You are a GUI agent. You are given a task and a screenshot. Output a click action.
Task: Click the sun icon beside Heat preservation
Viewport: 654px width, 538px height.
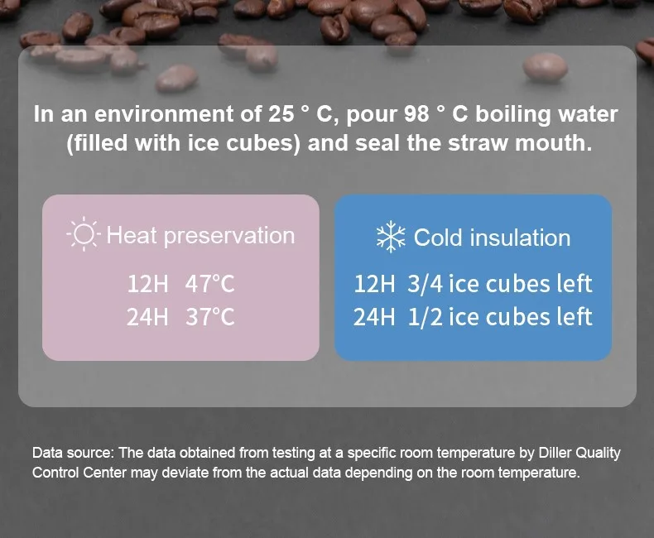(x=84, y=233)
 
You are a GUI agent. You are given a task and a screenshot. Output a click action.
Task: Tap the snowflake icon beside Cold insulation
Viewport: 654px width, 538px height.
(x=391, y=237)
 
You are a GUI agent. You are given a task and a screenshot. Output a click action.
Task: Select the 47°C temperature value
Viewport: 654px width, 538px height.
(x=209, y=284)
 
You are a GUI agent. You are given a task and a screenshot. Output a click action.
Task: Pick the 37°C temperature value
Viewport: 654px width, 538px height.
(x=209, y=317)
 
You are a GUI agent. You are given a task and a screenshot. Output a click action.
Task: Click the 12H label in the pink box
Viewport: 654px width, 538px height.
(x=147, y=284)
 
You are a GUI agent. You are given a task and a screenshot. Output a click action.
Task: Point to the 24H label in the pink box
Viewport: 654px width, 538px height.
(x=147, y=317)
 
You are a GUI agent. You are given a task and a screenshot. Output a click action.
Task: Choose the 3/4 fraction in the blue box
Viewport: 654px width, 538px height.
(x=425, y=284)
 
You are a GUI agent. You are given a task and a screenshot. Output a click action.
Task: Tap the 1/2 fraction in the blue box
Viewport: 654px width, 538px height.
(x=425, y=317)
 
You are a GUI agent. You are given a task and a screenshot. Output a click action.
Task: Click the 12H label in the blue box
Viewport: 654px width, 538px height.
(x=374, y=284)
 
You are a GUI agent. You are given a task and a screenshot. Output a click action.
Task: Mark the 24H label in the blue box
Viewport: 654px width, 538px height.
(x=374, y=317)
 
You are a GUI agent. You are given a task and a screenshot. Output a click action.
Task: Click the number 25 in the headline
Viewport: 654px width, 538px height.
(x=281, y=114)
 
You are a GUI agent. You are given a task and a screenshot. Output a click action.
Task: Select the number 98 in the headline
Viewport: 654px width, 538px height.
(x=416, y=114)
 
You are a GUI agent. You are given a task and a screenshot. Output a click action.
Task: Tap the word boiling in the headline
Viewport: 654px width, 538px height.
(x=513, y=115)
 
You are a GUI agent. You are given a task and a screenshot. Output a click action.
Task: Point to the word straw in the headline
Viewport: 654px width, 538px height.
(x=478, y=143)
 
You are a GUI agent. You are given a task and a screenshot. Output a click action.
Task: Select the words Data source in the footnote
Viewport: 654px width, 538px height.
(x=73, y=453)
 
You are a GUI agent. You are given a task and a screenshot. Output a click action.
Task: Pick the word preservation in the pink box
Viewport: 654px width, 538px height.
(x=229, y=237)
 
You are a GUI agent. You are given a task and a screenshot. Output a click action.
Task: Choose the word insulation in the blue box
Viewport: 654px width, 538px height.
(x=520, y=238)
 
